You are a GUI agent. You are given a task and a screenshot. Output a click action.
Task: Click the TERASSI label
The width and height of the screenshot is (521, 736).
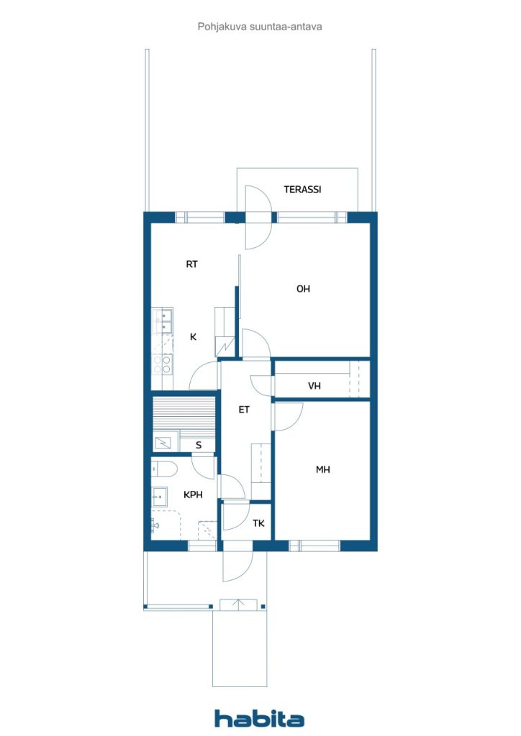[302, 190]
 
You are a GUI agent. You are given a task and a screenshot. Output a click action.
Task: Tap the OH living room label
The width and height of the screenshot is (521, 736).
[303, 289]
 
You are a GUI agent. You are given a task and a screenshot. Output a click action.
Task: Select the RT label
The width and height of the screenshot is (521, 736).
[191, 264]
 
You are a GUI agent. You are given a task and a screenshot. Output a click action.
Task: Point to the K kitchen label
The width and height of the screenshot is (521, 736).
[193, 336]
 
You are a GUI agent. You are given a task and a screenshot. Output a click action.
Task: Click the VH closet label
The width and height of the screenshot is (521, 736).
[314, 387]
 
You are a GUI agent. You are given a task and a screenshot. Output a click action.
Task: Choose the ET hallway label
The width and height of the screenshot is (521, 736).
[244, 410]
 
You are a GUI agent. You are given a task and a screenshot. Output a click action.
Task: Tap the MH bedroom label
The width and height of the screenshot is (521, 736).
[323, 470]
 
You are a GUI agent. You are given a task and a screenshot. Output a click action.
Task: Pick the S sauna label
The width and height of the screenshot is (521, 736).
[199, 446]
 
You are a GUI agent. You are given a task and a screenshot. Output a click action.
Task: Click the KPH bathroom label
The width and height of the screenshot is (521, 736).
[193, 494]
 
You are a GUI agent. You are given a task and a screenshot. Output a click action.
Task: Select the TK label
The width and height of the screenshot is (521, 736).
[258, 523]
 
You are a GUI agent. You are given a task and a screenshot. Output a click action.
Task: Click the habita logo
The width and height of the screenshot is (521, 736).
[260, 718]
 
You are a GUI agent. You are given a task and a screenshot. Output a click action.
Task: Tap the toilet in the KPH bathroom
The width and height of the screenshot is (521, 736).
[164, 469]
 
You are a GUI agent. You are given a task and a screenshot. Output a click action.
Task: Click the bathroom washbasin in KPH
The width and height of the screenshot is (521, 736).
[159, 494]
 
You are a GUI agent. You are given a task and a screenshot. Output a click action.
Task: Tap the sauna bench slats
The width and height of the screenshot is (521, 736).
[184, 415]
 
